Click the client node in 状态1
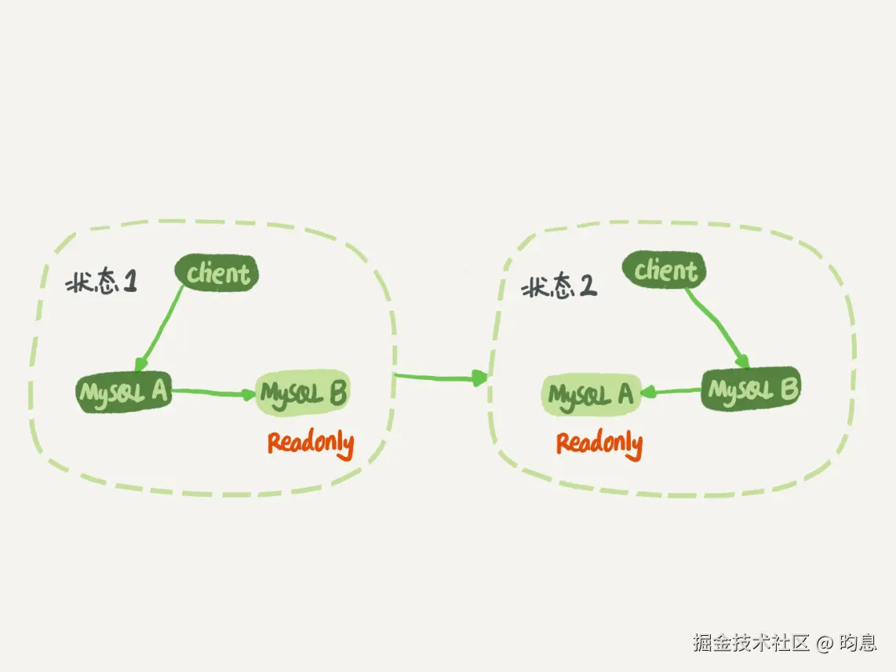tap(217, 274)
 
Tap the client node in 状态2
tap(665, 271)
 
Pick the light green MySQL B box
tap(303, 393)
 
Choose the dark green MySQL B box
tap(751, 389)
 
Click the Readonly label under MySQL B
tap(310, 444)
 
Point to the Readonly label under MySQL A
tap(599, 444)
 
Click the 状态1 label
tap(101, 283)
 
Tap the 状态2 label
tap(559, 287)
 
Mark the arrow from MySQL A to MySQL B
tap(213, 391)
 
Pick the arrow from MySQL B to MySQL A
tap(671, 391)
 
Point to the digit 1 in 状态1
tap(130, 283)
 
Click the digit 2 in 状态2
tap(588, 287)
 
